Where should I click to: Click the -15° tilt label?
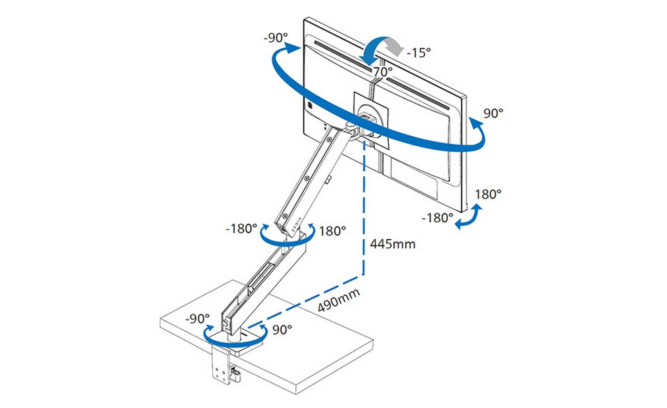click(419, 53)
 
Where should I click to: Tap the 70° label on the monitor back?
click(383, 72)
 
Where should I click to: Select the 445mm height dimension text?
click(393, 244)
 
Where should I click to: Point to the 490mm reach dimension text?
click(339, 300)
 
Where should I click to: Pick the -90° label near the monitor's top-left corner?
click(276, 37)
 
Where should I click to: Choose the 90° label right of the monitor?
click(493, 114)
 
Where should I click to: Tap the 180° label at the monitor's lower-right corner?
click(488, 194)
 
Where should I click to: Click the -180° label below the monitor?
click(437, 218)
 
